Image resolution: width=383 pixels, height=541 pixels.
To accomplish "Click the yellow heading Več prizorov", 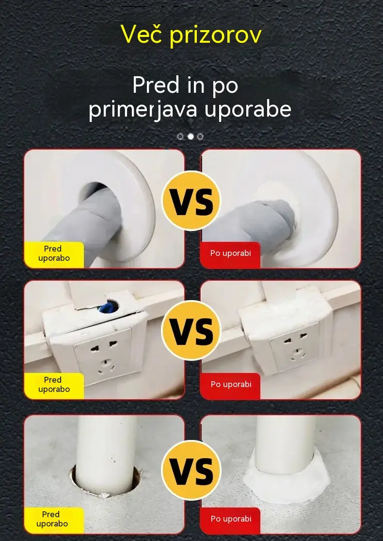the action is (x=191, y=35).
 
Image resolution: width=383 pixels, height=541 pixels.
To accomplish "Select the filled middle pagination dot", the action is (x=191, y=136).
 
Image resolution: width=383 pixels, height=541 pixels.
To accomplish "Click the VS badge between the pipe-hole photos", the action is (x=191, y=201).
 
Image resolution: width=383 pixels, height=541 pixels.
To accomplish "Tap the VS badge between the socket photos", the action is (x=191, y=331).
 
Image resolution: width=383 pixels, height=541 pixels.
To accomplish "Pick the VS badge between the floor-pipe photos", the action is (x=191, y=470).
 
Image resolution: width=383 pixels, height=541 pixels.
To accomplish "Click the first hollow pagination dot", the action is (x=180, y=136).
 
